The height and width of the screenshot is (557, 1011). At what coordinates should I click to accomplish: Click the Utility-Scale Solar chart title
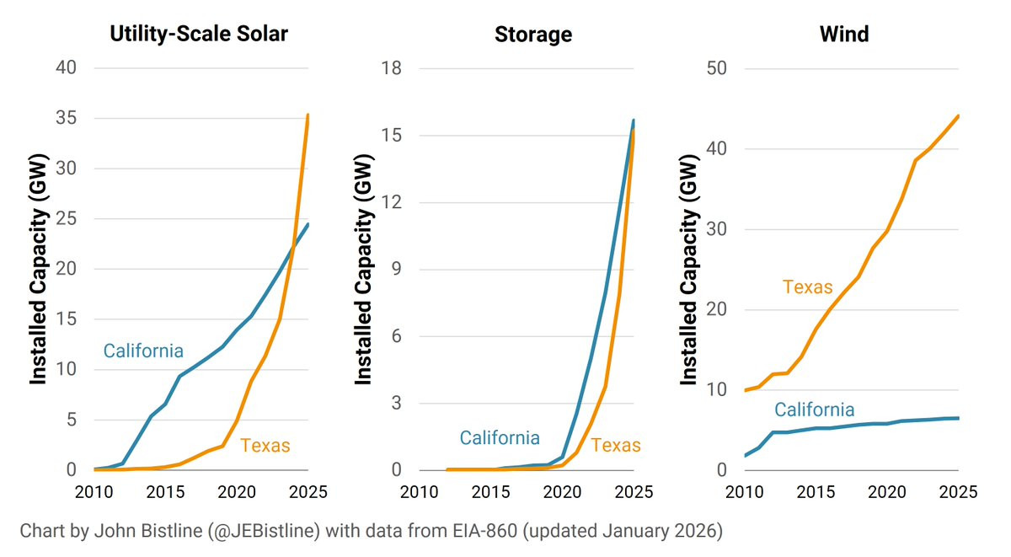click(x=199, y=35)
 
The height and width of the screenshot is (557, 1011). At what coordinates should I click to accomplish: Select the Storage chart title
click(x=532, y=35)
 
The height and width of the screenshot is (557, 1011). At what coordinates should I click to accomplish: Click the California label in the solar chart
click(x=143, y=351)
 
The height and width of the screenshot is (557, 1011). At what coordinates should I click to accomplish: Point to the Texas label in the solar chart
click(x=265, y=446)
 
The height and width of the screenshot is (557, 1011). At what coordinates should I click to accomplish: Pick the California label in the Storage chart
click(x=500, y=438)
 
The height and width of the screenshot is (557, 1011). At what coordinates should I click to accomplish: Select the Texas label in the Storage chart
click(x=616, y=446)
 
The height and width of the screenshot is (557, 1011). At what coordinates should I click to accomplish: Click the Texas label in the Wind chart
click(x=807, y=287)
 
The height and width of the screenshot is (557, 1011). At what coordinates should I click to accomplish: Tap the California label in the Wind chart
click(x=815, y=410)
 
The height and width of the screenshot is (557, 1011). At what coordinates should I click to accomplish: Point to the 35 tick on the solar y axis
click(x=67, y=119)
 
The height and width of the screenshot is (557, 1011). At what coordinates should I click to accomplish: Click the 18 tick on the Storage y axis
click(x=391, y=69)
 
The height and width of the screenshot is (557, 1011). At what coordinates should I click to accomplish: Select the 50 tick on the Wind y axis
click(x=716, y=69)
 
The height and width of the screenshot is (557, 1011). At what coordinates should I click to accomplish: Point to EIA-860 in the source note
click(x=500, y=532)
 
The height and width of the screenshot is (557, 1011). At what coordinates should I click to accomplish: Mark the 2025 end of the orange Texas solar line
click(x=308, y=115)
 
